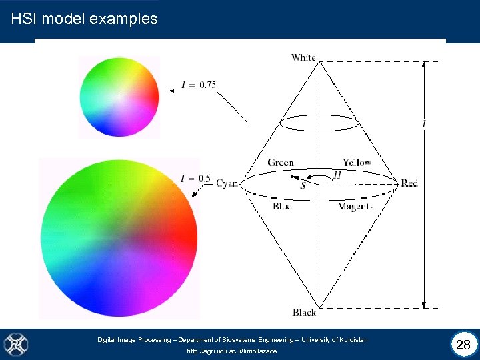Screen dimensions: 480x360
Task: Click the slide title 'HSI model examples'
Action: pos(85,19)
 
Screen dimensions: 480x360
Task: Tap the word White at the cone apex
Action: pos(303,57)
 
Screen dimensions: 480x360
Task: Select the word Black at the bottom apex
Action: pos(304,312)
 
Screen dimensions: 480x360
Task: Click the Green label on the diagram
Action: pos(281,163)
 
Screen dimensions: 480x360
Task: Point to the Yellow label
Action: pos(357,163)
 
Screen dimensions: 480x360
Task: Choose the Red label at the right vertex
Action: pos(409,183)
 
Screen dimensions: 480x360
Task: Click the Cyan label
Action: pos(227,183)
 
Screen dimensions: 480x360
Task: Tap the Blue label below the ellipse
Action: pos(282,207)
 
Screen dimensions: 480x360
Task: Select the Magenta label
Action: pos(355,207)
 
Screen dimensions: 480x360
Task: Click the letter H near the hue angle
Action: pos(337,175)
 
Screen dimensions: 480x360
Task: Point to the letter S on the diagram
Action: pos(303,185)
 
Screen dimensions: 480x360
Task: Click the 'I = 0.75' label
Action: pos(199,85)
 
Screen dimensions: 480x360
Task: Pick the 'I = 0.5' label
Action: pos(195,178)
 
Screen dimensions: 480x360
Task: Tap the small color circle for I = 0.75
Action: pos(119,96)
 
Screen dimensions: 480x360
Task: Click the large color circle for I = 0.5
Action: pos(119,237)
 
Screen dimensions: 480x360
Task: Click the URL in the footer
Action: pos(232,351)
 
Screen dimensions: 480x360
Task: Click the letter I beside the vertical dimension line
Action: pos(425,124)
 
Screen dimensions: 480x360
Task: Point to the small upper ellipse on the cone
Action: pos(315,123)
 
